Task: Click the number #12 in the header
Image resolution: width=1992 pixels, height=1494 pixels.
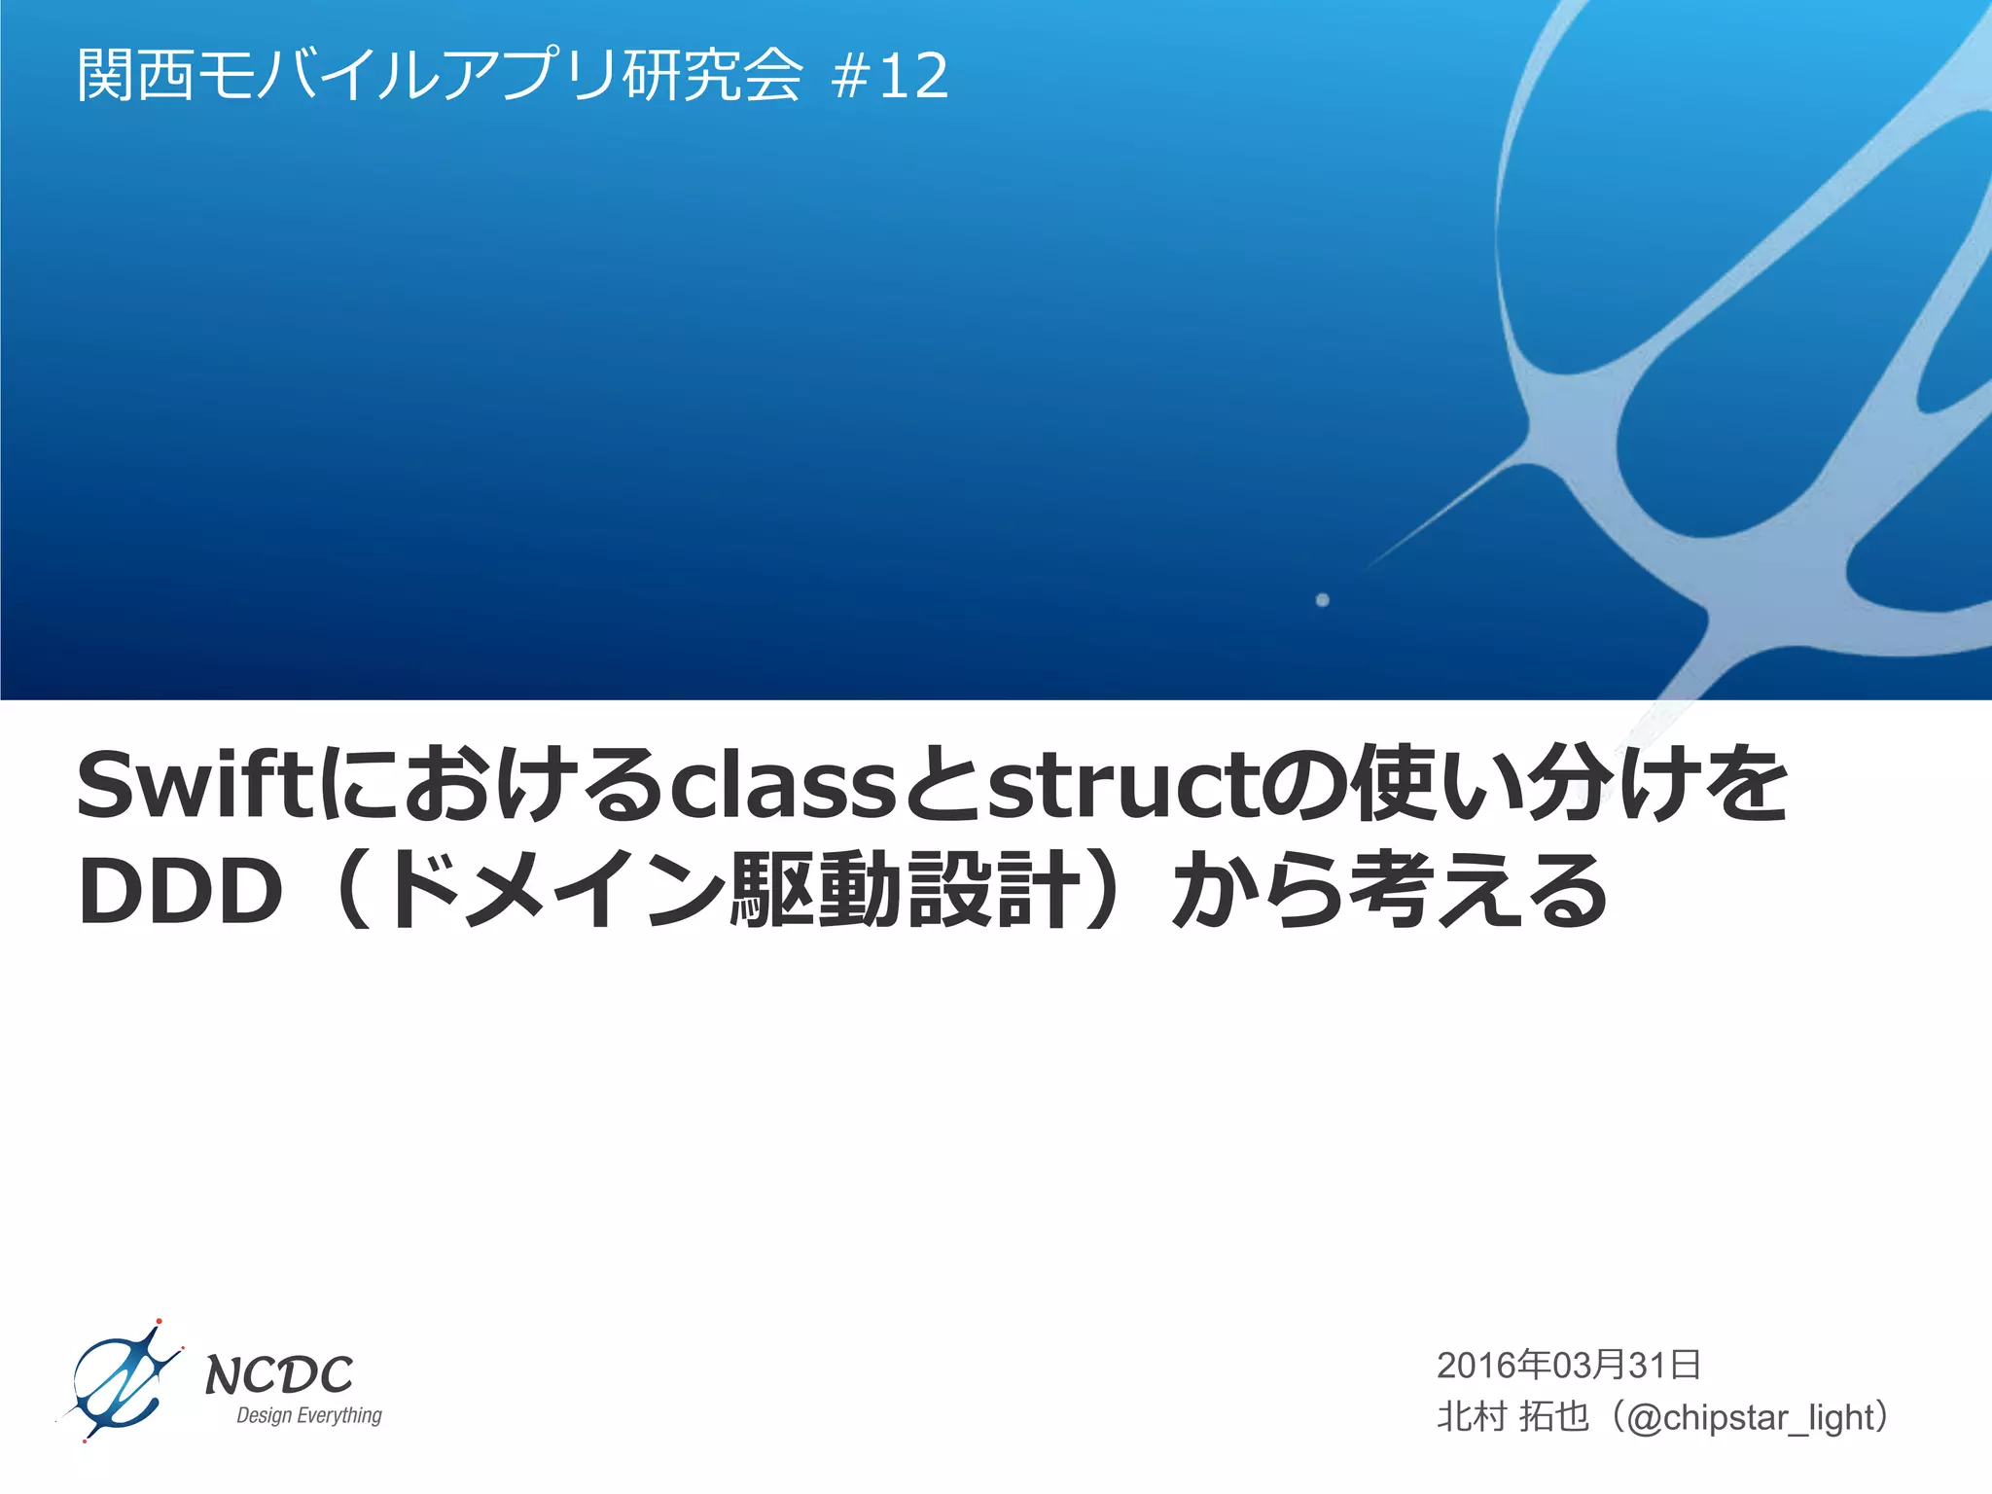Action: click(x=890, y=76)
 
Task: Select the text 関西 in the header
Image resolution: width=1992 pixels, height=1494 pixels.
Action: click(x=136, y=76)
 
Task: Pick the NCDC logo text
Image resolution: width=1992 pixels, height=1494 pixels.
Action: click(x=279, y=1374)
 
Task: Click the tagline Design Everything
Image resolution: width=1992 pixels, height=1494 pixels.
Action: click(x=309, y=1415)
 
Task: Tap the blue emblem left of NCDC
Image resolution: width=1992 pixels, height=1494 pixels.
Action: click(x=120, y=1382)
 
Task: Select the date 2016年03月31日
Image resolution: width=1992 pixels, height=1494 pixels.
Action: click(x=1568, y=1365)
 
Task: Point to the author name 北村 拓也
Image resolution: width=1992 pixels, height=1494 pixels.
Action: click(x=1512, y=1417)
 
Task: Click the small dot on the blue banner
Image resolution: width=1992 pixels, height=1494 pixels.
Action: click(x=1322, y=600)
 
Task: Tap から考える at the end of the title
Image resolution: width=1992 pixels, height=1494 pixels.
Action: click(x=1389, y=890)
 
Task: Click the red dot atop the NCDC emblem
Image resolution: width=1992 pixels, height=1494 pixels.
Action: click(x=159, y=1322)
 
